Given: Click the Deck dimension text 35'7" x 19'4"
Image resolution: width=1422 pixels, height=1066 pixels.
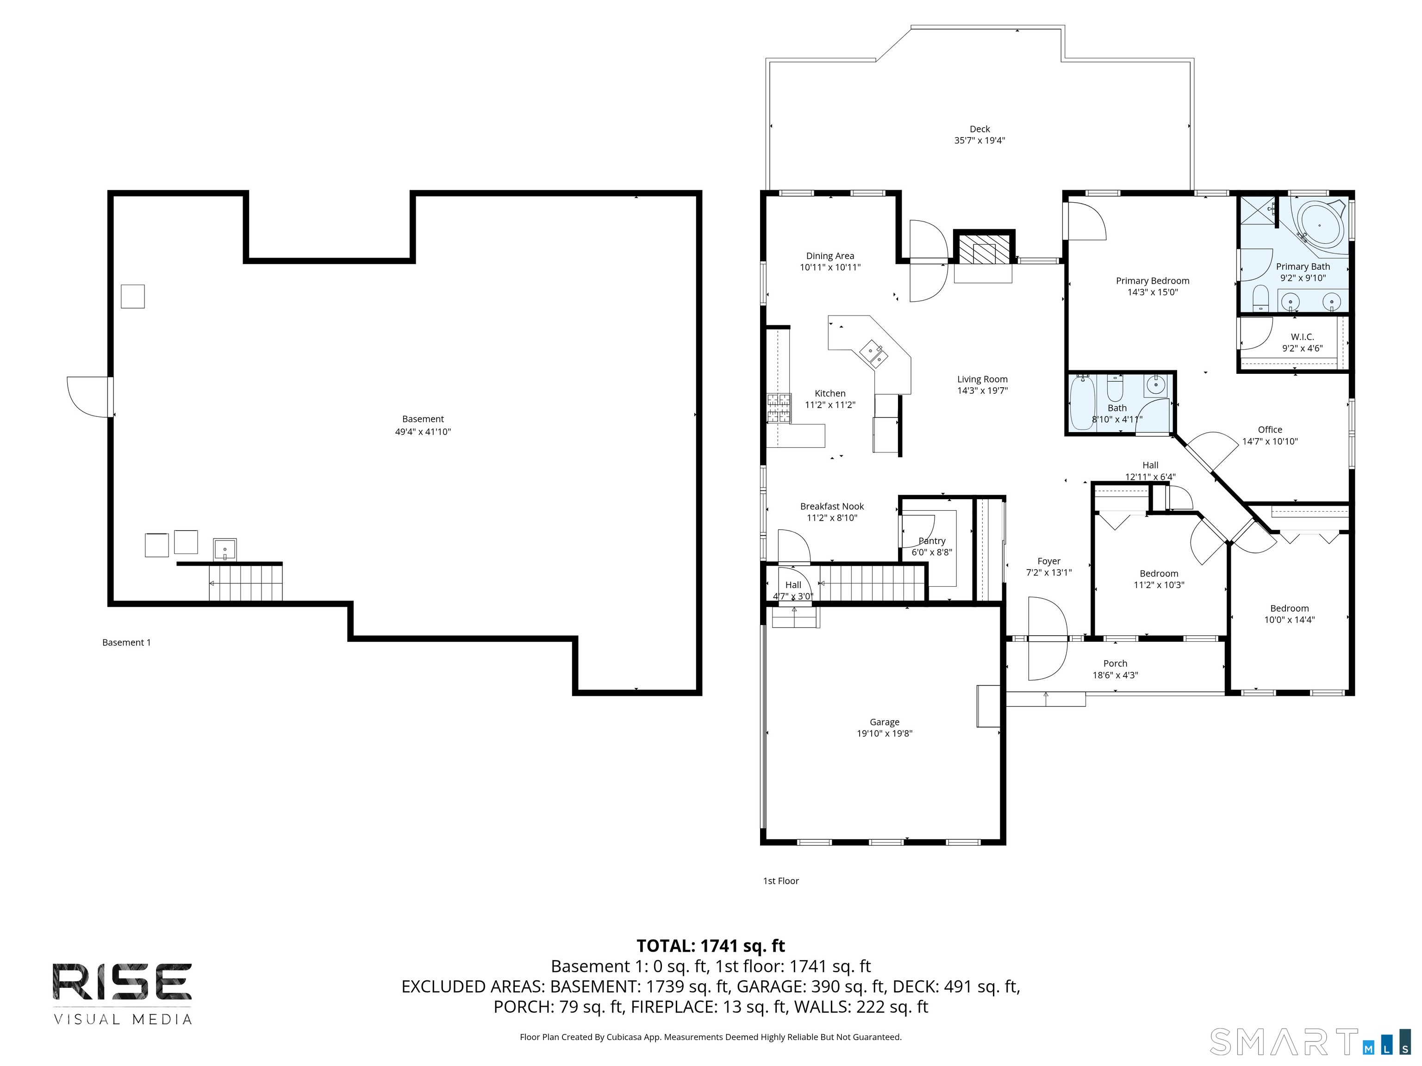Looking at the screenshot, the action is pyautogui.click(x=980, y=140).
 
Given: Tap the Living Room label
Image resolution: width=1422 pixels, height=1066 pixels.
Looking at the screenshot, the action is pyautogui.click(x=982, y=379).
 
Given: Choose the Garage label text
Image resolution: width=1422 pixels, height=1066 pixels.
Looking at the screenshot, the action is pyautogui.click(x=885, y=722).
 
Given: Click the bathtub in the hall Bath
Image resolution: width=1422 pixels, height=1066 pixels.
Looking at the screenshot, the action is pyautogui.click(x=1082, y=403).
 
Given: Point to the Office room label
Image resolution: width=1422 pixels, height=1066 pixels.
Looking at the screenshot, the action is pyautogui.click(x=1270, y=429).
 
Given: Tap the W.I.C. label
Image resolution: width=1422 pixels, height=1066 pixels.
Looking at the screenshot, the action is pyautogui.click(x=1303, y=337).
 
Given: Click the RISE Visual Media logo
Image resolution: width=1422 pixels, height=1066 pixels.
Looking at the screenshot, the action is pyautogui.click(x=122, y=993).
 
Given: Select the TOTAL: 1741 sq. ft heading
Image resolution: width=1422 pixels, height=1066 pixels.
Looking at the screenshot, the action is pyautogui.click(x=711, y=946).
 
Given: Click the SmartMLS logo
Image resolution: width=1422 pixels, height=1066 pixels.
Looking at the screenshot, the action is pyautogui.click(x=1310, y=1041).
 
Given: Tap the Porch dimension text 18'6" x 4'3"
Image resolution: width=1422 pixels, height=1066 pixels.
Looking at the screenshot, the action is pyautogui.click(x=1116, y=675).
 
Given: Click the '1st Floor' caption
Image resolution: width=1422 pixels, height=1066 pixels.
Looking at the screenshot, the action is pyautogui.click(x=780, y=881).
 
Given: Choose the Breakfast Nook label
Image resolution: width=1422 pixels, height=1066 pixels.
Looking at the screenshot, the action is pyautogui.click(x=832, y=506).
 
